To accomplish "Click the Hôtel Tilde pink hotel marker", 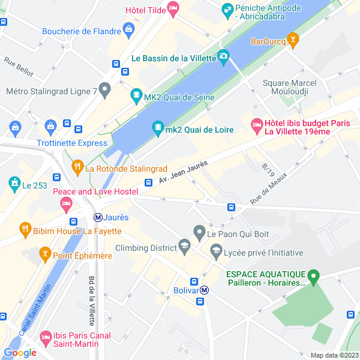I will coord(173,9).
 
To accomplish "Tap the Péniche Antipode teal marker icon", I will coord(227,9).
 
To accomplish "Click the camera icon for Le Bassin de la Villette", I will coord(224,58).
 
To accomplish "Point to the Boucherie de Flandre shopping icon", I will coord(128,29).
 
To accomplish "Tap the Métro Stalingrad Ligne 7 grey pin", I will coord(105,91).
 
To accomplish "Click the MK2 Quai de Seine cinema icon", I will coord(137,95).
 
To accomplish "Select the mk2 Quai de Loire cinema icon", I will coord(158,127).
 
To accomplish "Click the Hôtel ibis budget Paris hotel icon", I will coord(257,126).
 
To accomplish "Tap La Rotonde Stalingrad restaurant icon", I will coord(77,166).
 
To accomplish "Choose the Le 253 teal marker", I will coord(13,182).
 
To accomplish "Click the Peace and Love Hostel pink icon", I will coord(65,205).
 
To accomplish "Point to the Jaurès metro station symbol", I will coord(97,217).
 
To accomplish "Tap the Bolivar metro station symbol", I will coord(205,290).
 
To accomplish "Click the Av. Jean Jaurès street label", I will coord(184,171).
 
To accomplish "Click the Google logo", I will coord(20,353).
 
